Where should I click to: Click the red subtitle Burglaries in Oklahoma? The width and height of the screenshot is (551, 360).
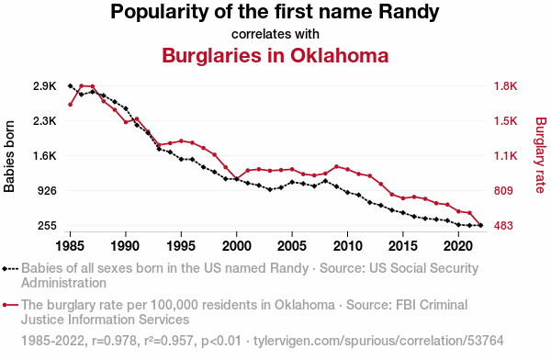click(x=275, y=55)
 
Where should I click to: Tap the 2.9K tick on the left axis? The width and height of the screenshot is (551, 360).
click(x=45, y=86)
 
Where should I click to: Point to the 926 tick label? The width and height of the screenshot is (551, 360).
click(x=47, y=190)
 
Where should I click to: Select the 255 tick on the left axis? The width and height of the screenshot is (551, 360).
click(x=47, y=225)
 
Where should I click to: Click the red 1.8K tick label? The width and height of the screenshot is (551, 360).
click(x=505, y=86)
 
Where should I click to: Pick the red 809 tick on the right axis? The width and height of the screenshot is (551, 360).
click(x=503, y=190)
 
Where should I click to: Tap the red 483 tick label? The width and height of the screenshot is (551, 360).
click(x=503, y=225)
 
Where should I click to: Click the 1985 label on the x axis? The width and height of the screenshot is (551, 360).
click(x=70, y=246)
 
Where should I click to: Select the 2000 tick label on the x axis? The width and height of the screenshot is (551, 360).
click(x=237, y=246)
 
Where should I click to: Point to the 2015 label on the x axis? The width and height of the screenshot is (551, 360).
click(x=403, y=246)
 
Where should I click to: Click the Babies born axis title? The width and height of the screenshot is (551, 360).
click(x=9, y=156)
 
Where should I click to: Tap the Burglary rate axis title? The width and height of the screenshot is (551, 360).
click(x=541, y=155)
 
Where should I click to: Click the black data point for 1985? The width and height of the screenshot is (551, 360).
click(x=71, y=85)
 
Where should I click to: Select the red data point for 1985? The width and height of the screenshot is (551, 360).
click(x=71, y=105)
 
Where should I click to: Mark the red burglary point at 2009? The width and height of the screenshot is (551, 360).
click(x=336, y=166)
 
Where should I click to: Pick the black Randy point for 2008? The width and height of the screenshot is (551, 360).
click(x=325, y=181)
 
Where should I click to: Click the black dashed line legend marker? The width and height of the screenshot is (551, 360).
click(x=10, y=269)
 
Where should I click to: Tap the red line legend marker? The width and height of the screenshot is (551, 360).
click(x=10, y=305)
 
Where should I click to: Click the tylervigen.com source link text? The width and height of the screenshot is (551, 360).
click(x=378, y=341)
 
